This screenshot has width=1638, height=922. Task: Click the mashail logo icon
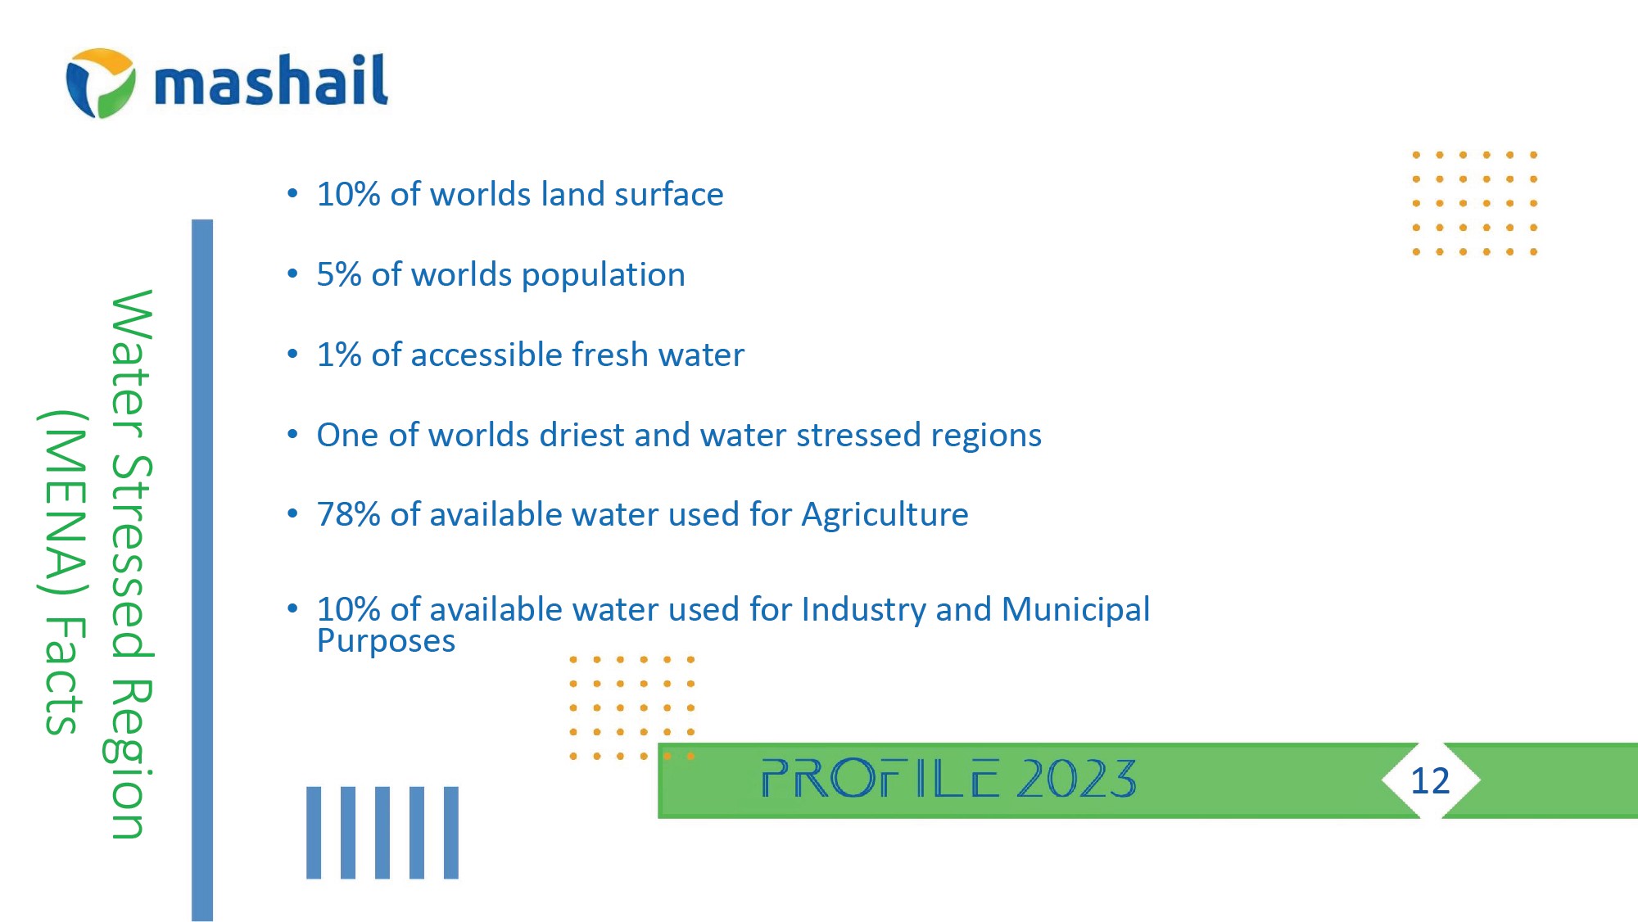tap(101, 83)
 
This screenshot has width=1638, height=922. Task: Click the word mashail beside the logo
tap(271, 80)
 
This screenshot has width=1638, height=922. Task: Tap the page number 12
tap(1430, 780)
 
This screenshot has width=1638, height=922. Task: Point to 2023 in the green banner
tap(1076, 778)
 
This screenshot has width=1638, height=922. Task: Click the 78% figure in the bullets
tap(348, 514)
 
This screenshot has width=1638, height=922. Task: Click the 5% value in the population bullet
tap(339, 274)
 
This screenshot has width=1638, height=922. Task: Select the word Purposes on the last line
tap(386, 641)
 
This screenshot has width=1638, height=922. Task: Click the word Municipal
tap(1075, 610)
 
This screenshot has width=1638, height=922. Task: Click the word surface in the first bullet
tap(668, 195)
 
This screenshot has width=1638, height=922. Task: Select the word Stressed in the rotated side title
tap(130, 556)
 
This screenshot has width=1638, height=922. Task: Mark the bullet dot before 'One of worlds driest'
tap(292, 434)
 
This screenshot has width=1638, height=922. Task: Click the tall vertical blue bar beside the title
tap(202, 570)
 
